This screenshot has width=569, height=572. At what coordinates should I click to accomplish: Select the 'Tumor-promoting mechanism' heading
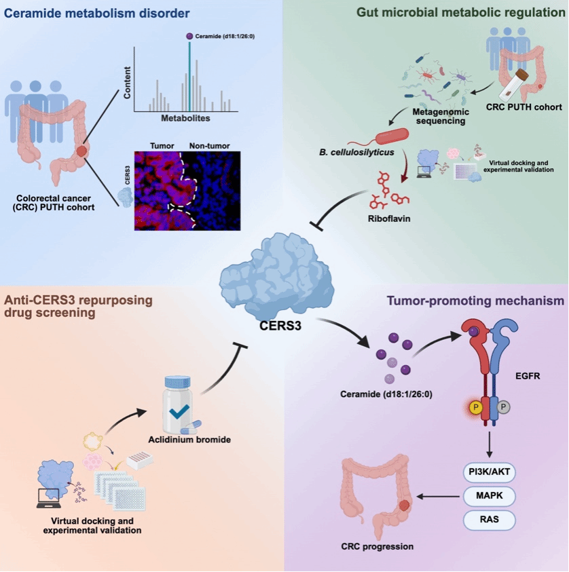(x=466, y=303)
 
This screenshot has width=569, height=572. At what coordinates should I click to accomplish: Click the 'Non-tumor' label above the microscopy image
(x=210, y=145)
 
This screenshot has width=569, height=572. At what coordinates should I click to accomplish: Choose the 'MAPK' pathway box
(x=488, y=496)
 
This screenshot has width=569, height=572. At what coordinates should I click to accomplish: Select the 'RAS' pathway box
(x=488, y=520)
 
